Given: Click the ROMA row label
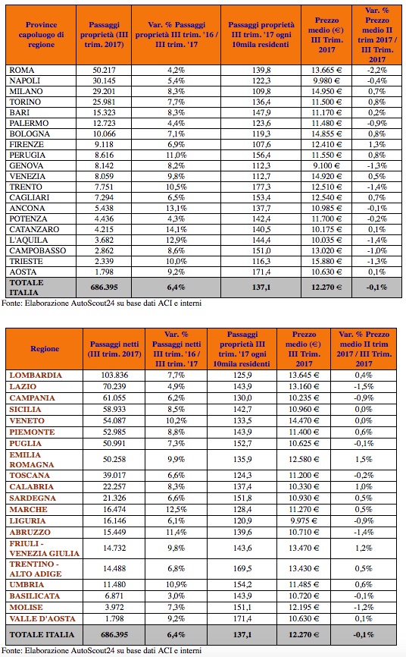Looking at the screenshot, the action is point(22,70).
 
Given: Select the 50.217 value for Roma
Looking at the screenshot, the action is point(104,70).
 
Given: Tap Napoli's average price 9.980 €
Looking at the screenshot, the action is point(326,80).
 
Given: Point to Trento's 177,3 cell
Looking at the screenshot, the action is point(261,187).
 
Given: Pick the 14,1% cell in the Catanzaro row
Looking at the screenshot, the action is point(176,229).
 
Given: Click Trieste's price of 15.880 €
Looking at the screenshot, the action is point(326,261).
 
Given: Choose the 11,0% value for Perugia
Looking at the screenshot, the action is point(176,155).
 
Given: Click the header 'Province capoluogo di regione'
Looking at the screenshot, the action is point(41,35).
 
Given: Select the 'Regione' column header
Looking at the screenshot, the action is point(45,349).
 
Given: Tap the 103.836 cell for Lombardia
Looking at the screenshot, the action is point(114,375).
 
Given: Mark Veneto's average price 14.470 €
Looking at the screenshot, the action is point(304,421).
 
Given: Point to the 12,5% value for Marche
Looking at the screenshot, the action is point(176,510).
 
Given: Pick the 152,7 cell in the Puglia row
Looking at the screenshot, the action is point(242,443).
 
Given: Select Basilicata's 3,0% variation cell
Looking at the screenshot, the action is point(176,596).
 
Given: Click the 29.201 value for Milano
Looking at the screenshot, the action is point(104,91).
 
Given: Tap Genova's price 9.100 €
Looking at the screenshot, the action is point(326,165).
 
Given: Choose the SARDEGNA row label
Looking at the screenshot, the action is point(33,498).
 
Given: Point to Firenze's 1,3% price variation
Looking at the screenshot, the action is point(376,145).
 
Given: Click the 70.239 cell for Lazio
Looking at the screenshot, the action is point(114,386).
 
